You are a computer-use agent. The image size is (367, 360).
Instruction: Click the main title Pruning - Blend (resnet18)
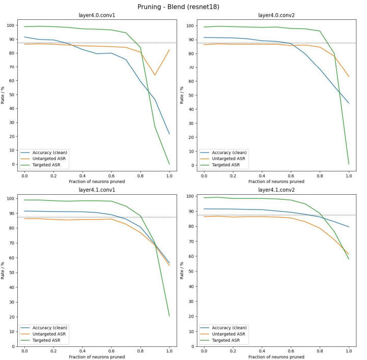[x=183, y=7]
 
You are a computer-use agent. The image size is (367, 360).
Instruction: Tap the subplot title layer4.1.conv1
[x=96, y=190]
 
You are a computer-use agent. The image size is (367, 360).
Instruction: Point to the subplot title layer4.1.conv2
[x=276, y=190]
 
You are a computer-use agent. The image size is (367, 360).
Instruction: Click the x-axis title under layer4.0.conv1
[x=96, y=181]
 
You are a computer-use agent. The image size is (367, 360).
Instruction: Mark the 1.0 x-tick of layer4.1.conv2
[x=349, y=351]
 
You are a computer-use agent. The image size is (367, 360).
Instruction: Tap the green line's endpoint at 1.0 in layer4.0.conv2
[x=349, y=164]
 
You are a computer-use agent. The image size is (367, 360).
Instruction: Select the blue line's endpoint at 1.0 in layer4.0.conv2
[x=349, y=103]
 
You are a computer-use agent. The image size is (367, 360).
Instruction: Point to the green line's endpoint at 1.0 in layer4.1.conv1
[x=169, y=316]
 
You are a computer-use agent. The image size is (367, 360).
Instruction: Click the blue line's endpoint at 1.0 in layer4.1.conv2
[x=349, y=227]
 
